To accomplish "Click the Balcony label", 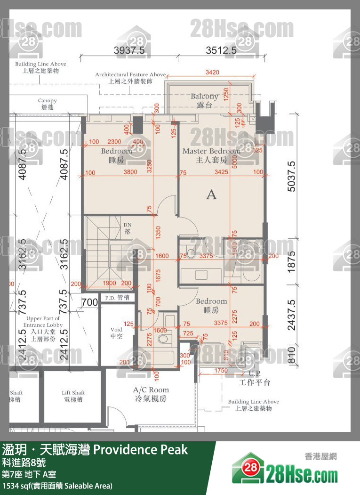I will [x=204, y=100].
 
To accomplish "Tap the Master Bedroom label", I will [x=211, y=155].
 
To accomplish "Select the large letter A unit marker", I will [x=211, y=195].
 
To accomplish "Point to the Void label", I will [x=116, y=333].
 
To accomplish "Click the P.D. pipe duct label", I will [x=116, y=298].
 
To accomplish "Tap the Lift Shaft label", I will [x=73, y=396].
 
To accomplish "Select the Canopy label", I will [x=47, y=104].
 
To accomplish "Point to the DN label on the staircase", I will [x=127, y=228].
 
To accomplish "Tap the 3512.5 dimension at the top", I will [x=221, y=50].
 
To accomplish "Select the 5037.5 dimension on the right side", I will [x=291, y=176].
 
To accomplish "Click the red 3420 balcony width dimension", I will [x=212, y=72].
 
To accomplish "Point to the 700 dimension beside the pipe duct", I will [x=89, y=302].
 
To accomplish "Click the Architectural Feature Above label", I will [x=130, y=78].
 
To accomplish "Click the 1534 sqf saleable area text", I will [x=57, y=486].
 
